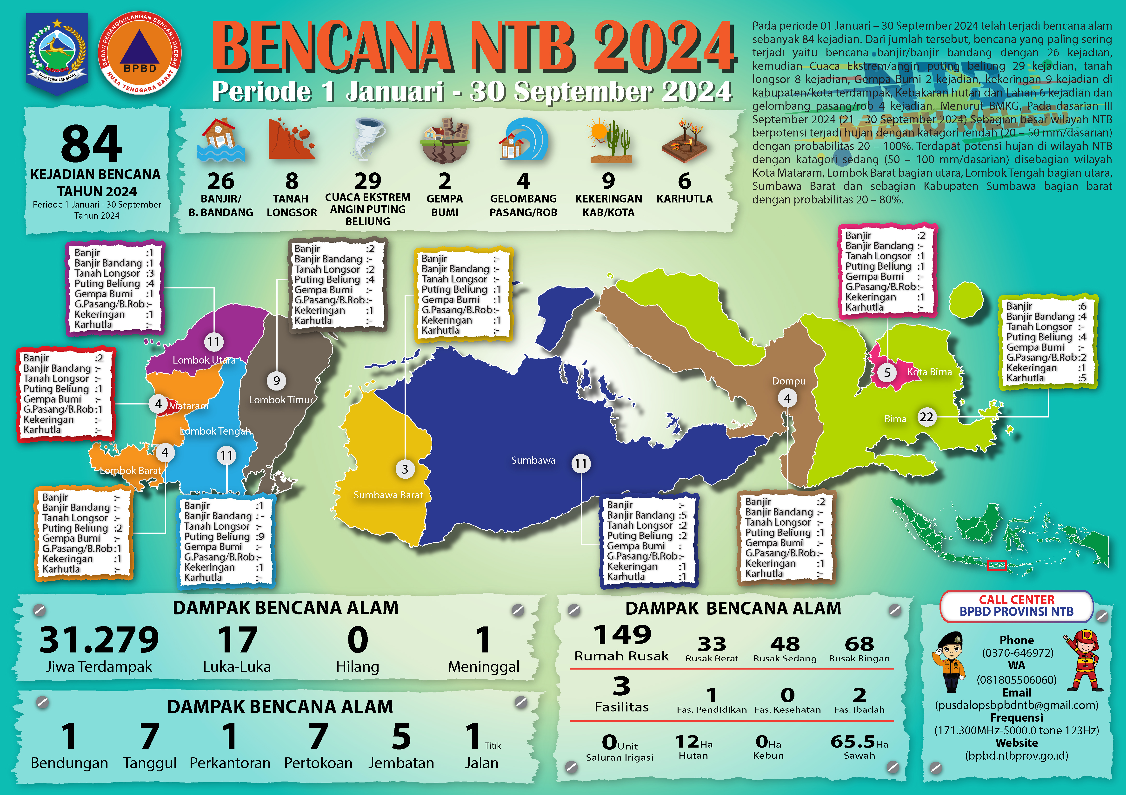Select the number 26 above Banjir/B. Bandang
pyautogui.click(x=221, y=181)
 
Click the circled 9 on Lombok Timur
pyautogui.click(x=277, y=381)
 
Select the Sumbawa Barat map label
pyautogui.click(x=388, y=495)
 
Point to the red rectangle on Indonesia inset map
pyautogui.click(x=997, y=565)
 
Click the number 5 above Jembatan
pyautogui.click(x=401, y=737)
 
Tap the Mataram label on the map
pyautogui.click(x=188, y=406)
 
